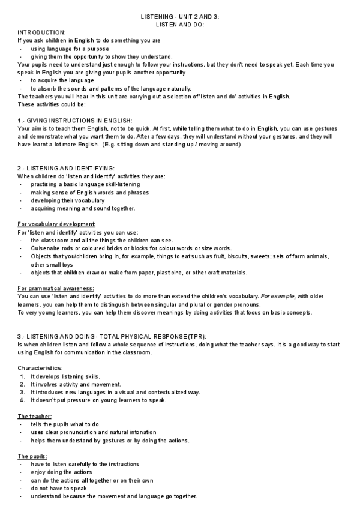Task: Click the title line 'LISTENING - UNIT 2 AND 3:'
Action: (179, 17)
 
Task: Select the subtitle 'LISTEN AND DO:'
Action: (179, 25)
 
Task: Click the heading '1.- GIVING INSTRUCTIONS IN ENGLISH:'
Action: (74, 121)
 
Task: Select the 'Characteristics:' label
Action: (40, 368)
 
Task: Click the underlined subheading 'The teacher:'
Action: (35, 416)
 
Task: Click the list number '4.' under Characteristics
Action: (22, 400)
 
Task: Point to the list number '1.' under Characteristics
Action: (22, 376)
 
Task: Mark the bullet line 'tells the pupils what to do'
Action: (65, 424)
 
